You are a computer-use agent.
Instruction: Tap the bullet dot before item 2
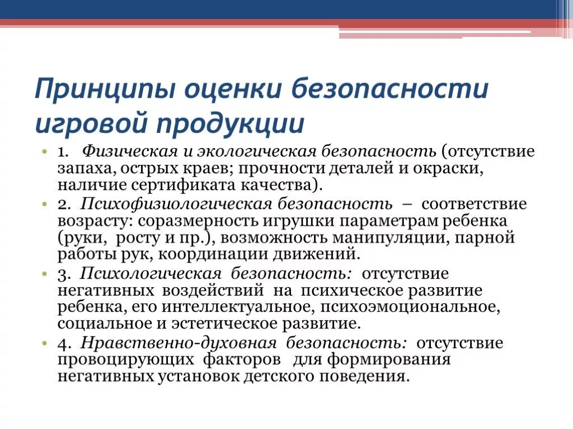44,204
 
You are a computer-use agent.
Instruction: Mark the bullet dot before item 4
44,343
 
